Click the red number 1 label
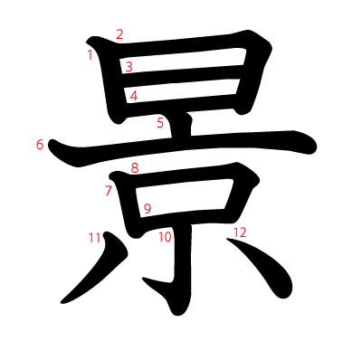(x=90, y=55)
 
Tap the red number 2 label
(x=119, y=35)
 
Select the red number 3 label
(x=129, y=66)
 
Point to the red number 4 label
(x=133, y=96)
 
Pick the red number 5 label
(x=160, y=123)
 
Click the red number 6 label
(x=40, y=144)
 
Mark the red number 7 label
(x=108, y=190)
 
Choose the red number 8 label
(x=134, y=167)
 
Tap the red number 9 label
(x=147, y=209)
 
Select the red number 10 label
(x=165, y=237)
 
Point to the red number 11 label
(x=94, y=238)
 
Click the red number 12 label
(x=239, y=232)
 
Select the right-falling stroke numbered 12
(x=267, y=267)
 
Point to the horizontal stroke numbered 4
(x=186, y=92)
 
